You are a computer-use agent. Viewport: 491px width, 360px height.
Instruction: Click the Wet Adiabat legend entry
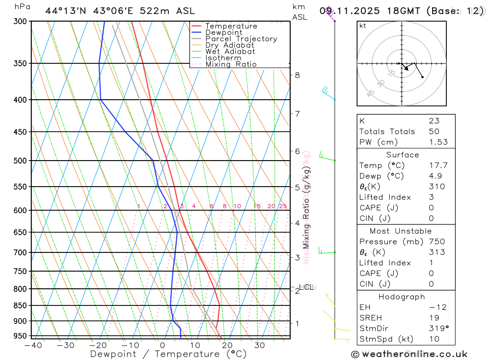click(x=230, y=52)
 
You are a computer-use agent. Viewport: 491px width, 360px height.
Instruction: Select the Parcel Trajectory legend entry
click(x=241, y=39)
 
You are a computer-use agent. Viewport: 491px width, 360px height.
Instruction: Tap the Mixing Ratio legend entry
click(x=231, y=64)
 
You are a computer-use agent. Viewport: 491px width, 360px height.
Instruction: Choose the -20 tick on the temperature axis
click(x=98, y=345)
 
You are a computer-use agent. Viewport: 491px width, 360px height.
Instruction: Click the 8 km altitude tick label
click(x=298, y=75)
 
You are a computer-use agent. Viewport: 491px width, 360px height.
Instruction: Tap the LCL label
click(x=307, y=287)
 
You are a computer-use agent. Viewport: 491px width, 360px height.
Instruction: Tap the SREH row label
click(x=371, y=318)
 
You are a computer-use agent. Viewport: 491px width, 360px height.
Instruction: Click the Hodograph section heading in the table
click(x=402, y=297)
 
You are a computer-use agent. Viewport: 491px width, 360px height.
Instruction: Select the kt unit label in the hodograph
click(x=363, y=26)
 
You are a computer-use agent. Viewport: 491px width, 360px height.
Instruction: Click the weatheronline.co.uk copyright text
click(x=409, y=354)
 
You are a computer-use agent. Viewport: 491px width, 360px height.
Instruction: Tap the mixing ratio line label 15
click(x=257, y=206)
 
